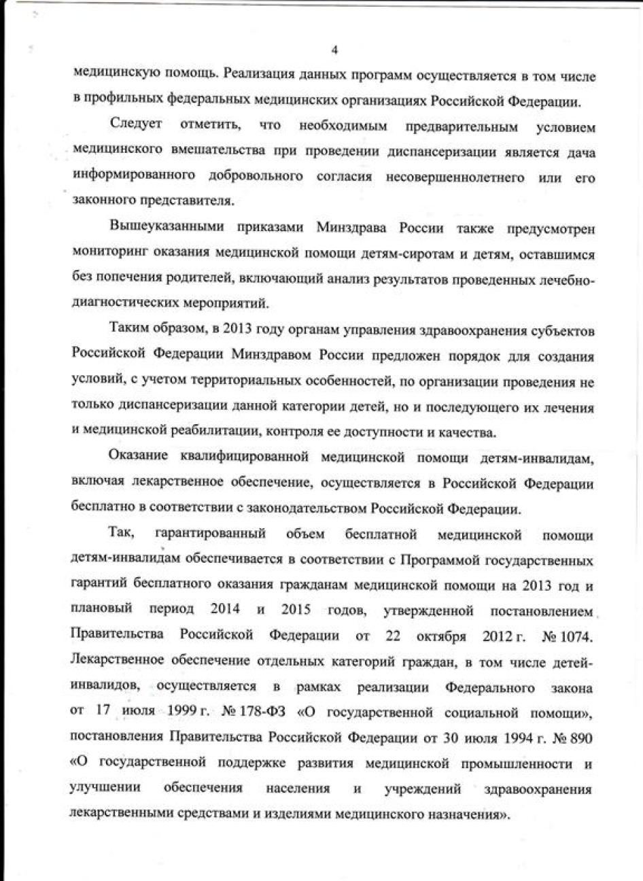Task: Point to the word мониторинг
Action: (x=107, y=254)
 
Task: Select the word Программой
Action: (x=436, y=560)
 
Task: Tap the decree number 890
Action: (x=581, y=738)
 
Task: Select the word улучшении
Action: (x=105, y=789)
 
